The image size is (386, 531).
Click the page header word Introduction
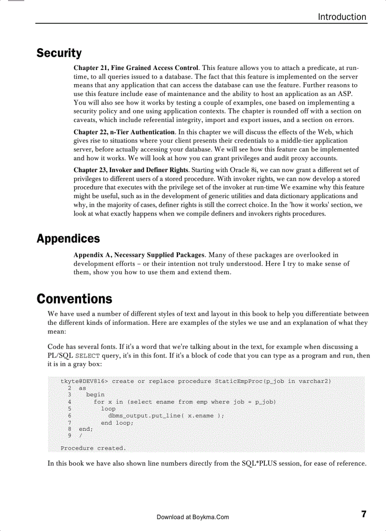[x=342, y=17]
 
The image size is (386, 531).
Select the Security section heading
[x=59, y=53]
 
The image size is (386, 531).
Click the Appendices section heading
[x=68, y=239]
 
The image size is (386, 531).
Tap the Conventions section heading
[x=74, y=299]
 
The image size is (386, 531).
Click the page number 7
[x=364, y=514]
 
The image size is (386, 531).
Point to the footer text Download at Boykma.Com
[x=193, y=517]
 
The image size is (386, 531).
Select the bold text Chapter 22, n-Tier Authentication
[x=124, y=132]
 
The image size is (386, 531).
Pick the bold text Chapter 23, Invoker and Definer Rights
[x=131, y=170]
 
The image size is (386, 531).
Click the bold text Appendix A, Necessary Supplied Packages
[x=139, y=255]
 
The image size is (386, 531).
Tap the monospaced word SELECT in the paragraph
[x=88, y=356]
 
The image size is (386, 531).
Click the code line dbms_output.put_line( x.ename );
[x=166, y=416]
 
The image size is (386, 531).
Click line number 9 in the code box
[x=70, y=435]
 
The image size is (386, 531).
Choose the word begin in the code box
[x=96, y=394]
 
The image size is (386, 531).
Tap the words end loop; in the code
[x=117, y=423]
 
